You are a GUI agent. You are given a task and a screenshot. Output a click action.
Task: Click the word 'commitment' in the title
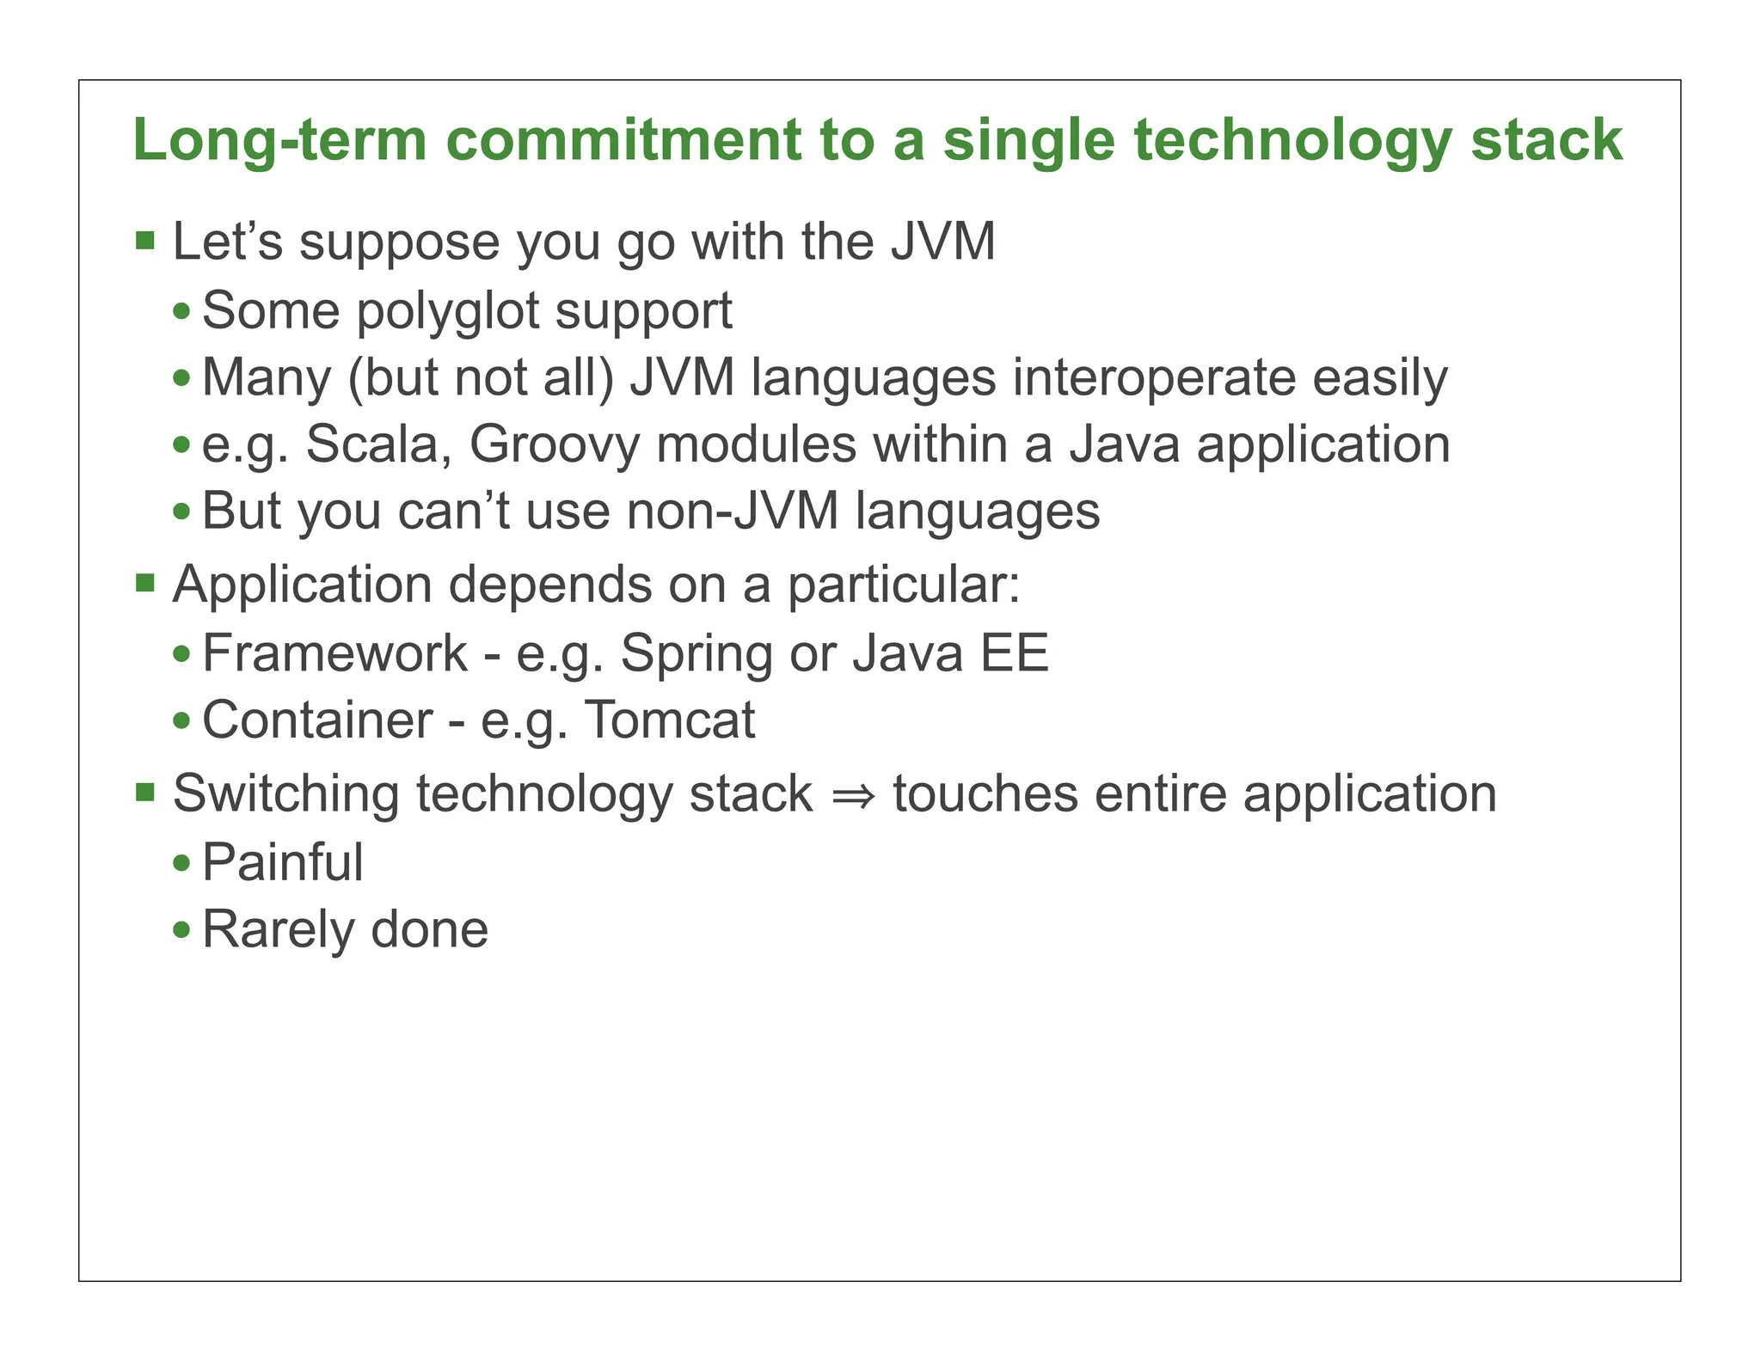point(623,140)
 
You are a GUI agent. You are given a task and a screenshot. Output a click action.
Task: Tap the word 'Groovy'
point(555,446)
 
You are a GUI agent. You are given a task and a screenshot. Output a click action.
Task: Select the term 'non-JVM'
point(733,512)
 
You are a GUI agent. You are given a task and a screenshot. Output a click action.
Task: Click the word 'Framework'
point(334,652)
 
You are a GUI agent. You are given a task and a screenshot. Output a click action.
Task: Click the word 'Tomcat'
point(670,720)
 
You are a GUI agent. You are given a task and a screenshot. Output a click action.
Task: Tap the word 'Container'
point(317,720)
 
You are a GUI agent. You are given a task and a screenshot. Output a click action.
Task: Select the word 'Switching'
point(286,794)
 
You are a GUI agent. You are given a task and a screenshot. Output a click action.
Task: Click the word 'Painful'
point(282,862)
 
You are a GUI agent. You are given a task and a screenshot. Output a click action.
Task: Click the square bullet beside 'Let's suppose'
point(145,240)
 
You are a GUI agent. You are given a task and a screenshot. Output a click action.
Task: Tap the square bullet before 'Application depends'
point(145,584)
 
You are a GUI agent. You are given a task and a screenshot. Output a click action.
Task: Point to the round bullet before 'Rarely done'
point(181,930)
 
